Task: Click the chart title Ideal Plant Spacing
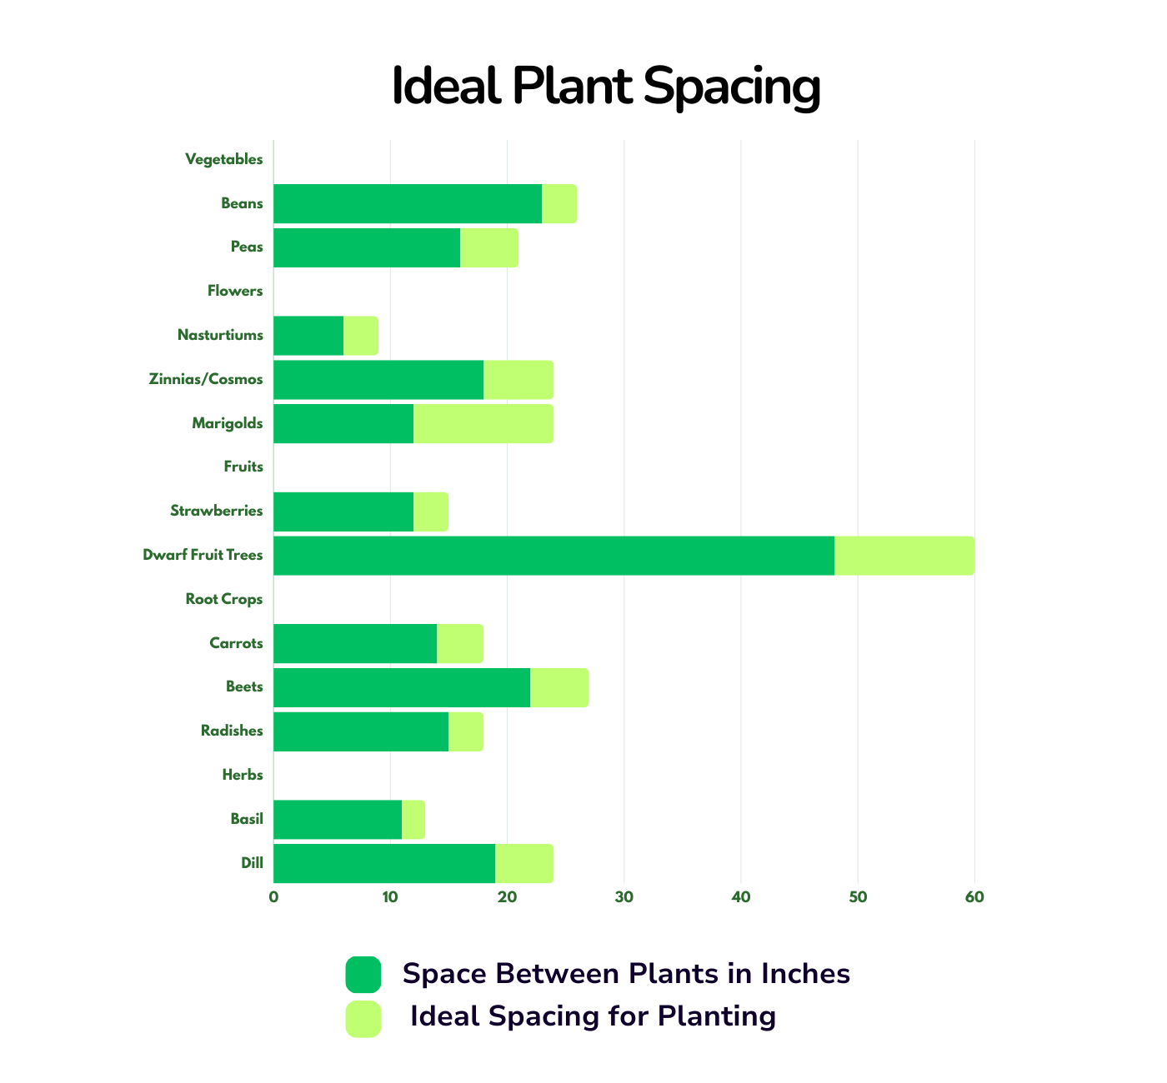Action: [x=606, y=87]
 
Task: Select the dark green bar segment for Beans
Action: [x=408, y=204]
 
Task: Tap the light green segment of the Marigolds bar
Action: [x=483, y=423]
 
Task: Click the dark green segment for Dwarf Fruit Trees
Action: [x=554, y=556]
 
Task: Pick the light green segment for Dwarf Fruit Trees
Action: [x=904, y=556]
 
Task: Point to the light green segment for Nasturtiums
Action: [x=361, y=336]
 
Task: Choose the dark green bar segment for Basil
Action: [x=338, y=820]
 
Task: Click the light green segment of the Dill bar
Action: [x=524, y=863]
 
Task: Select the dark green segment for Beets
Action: [x=402, y=688]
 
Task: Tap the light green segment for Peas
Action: [x=489, y=248]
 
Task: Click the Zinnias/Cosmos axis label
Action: [x=206, y=379]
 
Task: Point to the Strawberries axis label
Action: [x=216, y=511]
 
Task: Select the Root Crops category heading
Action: [x=224, y=600]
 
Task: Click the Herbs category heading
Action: [x=242, y=775]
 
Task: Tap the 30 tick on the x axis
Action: [x=624, y=897]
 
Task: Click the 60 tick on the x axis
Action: [x=974, y=897]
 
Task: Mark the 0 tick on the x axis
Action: [x=273, y=897]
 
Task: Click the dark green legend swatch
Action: [x=363, y=974]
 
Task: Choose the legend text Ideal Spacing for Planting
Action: [x=593, y=1016]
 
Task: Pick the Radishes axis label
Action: [x=232, y=731]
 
